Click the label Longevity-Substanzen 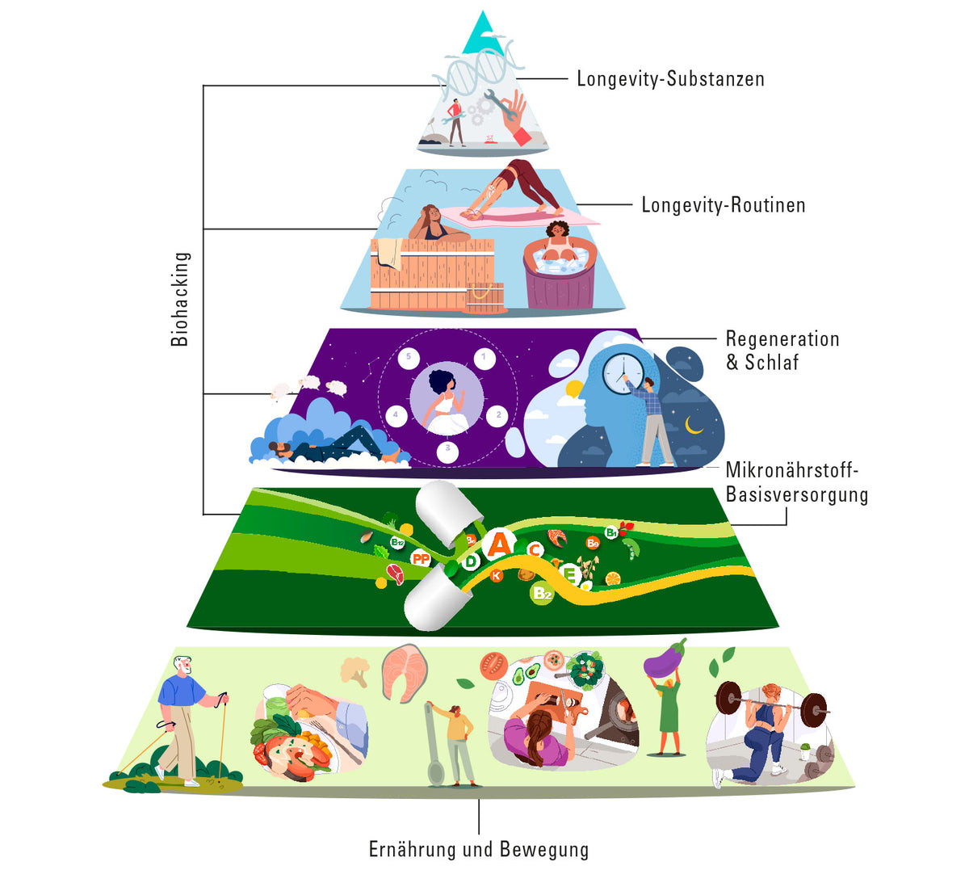click(670, 79)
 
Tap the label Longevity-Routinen click(724, 205)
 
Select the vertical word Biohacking click(180, 299)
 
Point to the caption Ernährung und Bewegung click(479, 850)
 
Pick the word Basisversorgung click(797, 495)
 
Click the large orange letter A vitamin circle click(499, 544)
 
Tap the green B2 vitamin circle click(542, 594)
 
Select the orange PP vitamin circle click(421, 558)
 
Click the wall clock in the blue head click(623, 374)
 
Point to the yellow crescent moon click(693, 425)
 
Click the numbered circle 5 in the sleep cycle click(409, 357)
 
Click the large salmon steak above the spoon click(405, 674)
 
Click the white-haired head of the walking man click(182, 665)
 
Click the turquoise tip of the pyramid click(483, 33)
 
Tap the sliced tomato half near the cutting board click(493, 665)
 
